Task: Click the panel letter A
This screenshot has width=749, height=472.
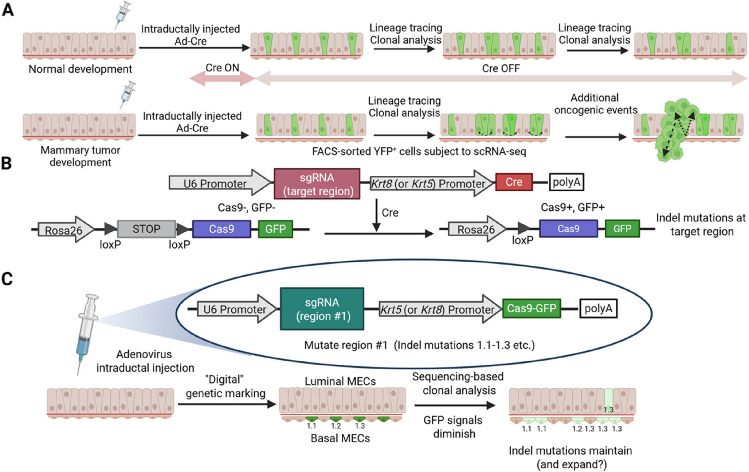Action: coord(8,10)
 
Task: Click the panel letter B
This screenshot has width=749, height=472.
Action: coord(7,163)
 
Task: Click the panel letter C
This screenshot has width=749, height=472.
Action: coord(7,279)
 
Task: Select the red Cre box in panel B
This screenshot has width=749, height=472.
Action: coord(514,182)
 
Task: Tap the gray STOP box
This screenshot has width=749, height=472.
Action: coord(146,229)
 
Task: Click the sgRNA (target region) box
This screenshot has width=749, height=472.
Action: coord(317,184)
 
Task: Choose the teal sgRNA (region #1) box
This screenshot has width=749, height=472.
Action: coord(322,309)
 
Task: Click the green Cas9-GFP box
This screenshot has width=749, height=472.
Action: coord(531,308)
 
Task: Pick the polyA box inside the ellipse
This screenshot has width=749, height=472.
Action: coord(598,308)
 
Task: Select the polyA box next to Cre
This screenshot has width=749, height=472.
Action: coord(566,182)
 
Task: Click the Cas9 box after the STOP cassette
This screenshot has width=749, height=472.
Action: coord(221,229)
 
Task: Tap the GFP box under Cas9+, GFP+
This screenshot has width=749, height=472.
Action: coord(622,229)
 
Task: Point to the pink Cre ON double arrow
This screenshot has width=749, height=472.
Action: coord(222,78)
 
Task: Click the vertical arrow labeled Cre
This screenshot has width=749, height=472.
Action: coord(377,215)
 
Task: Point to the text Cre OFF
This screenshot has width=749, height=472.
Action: coord(501,68)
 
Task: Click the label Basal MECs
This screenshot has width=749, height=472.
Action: coord(340,438)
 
